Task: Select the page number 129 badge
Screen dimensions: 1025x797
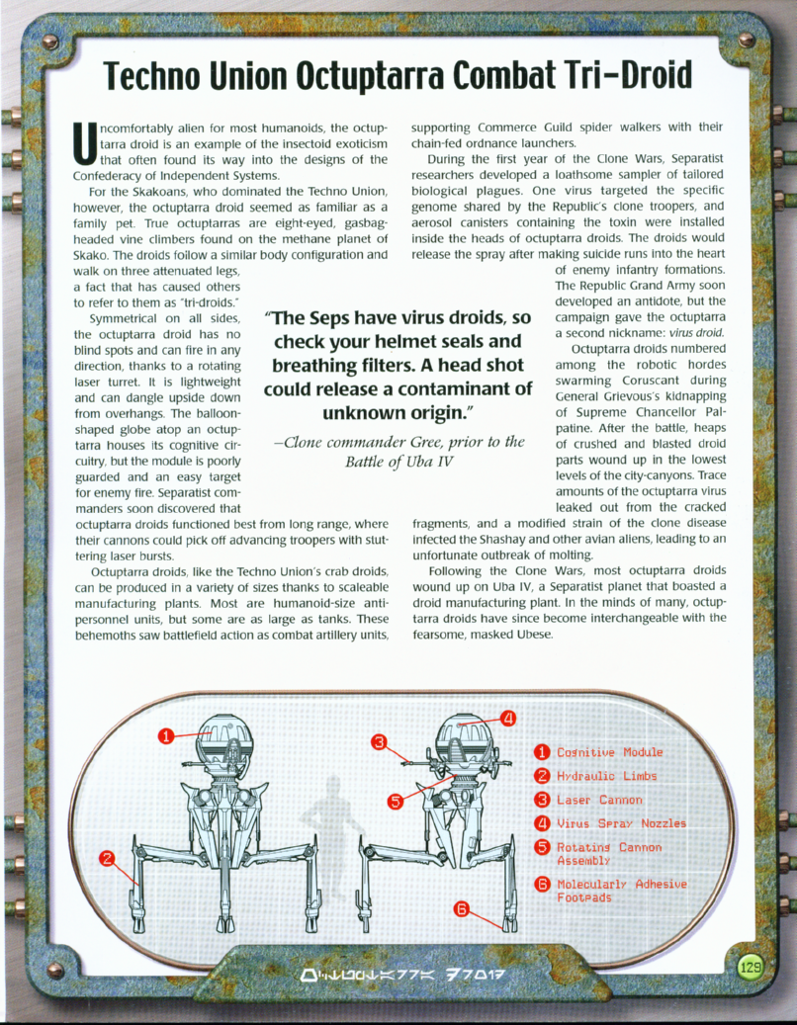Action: pos(751,968)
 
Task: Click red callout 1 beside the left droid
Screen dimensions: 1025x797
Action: pos(167,734)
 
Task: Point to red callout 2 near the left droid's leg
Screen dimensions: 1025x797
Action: pos(107,857)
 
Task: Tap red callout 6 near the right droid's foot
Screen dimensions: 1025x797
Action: pos(461,909)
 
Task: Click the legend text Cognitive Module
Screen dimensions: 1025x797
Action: pos(609,753)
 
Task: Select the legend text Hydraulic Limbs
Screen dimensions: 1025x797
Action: pos(606,777)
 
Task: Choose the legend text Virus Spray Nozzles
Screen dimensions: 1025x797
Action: pos(621,823)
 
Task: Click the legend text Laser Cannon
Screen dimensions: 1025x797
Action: pos(599,800)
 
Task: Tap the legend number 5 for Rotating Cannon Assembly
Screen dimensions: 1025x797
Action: pos(542,847)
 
